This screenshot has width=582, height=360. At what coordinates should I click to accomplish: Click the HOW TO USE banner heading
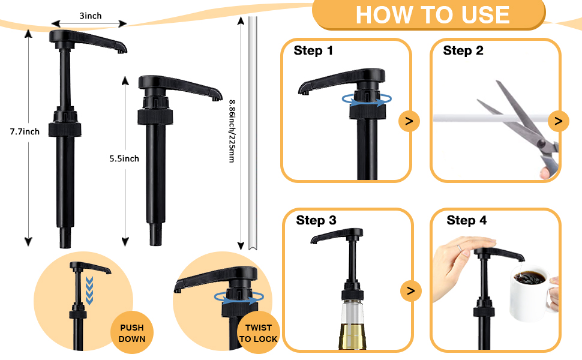pos(433,15)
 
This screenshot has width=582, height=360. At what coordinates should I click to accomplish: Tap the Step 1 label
pos(313,51)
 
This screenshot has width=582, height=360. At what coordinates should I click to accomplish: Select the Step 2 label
pos(463,51)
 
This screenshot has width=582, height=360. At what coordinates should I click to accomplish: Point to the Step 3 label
pos(316,220)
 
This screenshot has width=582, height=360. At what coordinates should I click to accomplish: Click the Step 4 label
pos(466,220)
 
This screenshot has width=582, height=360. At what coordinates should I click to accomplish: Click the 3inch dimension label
pos(91,16)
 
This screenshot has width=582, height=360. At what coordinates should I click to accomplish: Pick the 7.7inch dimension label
pos(25,131)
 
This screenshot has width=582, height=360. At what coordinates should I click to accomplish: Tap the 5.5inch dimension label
pos(124,158)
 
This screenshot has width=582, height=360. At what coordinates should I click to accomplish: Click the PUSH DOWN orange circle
pos(132,333)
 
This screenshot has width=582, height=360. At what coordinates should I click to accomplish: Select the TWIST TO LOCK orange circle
pos(258,333)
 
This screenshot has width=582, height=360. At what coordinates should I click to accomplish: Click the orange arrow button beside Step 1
pos(409,121)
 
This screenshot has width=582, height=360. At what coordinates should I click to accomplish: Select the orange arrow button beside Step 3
pos(410,291)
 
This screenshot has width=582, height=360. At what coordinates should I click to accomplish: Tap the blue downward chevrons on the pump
pos(91,290)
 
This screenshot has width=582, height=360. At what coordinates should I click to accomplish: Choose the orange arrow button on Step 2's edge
pos(558,121)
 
